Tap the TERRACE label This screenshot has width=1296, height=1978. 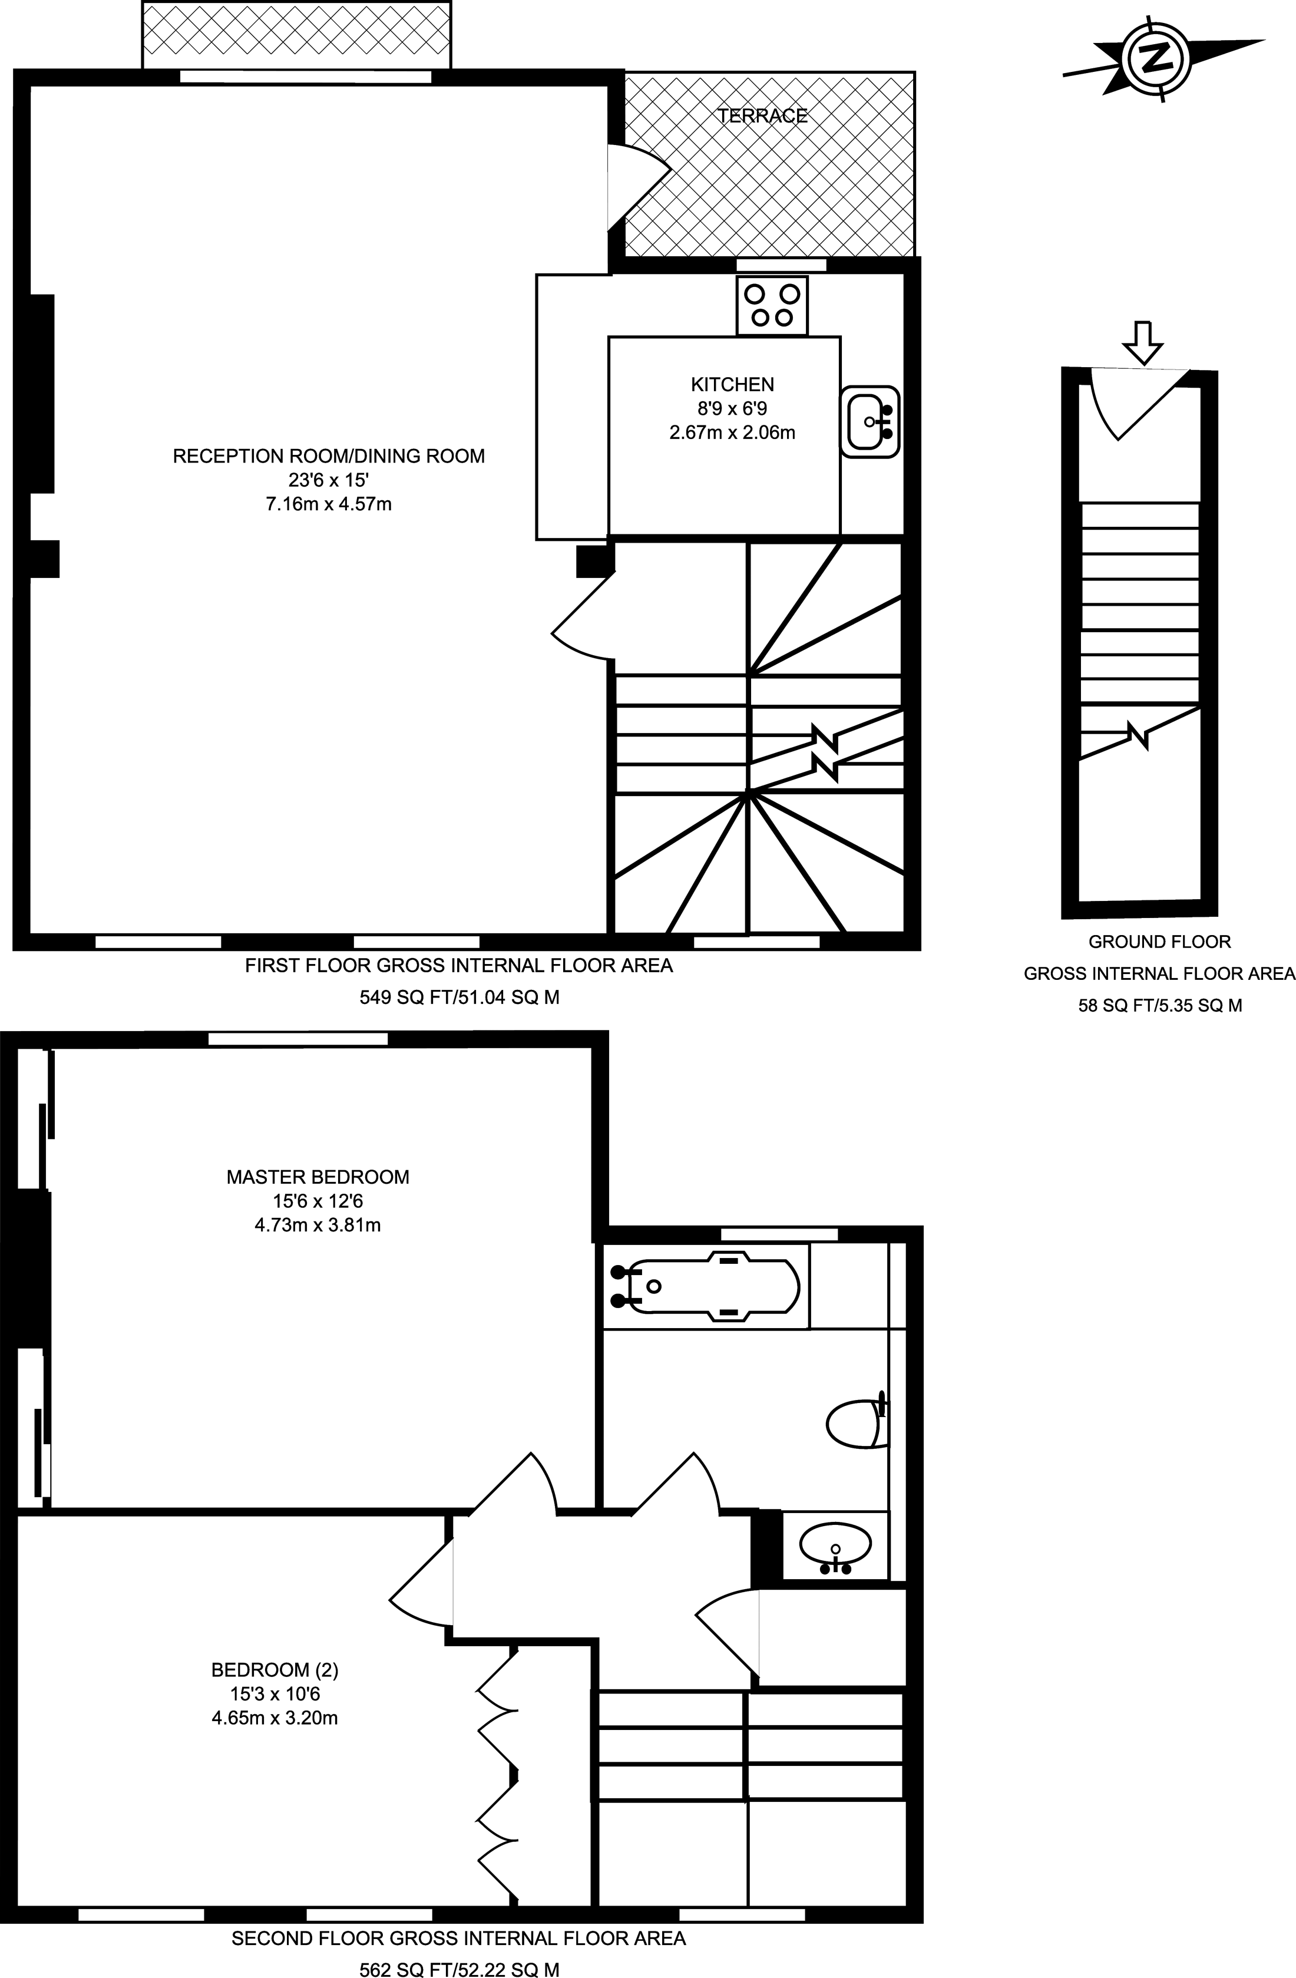(762, 115)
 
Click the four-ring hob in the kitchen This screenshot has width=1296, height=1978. (772, 305)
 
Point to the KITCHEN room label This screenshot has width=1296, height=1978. (732, 384)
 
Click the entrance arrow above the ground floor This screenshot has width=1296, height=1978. (1143, 342)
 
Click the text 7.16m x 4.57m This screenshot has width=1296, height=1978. (328, 504)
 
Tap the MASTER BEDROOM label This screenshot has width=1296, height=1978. (318, 1177)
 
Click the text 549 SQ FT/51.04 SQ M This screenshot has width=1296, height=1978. (458, 998)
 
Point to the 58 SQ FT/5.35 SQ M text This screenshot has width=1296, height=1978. (1160, 1006)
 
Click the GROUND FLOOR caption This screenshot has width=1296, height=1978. (1160, 942)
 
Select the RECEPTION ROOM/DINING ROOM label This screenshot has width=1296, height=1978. (328, 455)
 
